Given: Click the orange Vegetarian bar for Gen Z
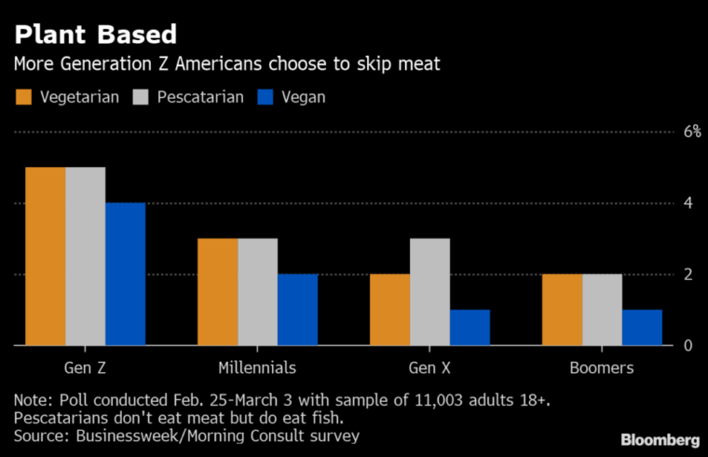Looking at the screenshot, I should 45,256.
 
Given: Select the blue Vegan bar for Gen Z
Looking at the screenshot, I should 125,274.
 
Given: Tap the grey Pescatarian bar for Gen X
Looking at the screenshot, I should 429,292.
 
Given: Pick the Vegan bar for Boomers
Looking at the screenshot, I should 642,327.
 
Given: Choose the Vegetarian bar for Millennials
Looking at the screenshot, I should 217,292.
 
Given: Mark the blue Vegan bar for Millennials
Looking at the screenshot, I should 297,310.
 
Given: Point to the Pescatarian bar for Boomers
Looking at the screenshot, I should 602,310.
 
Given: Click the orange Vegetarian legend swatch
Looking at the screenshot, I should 24,97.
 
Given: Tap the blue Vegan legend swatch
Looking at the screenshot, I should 265,97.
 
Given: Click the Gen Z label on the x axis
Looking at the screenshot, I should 85,367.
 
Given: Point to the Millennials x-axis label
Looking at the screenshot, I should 257,367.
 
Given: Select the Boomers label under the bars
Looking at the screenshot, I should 602,367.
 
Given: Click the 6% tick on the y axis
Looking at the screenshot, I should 690,132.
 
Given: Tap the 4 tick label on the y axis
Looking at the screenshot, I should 688,203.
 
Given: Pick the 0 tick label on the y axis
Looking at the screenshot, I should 688,346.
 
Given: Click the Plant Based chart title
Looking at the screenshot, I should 94,35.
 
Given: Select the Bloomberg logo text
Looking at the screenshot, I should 660,438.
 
